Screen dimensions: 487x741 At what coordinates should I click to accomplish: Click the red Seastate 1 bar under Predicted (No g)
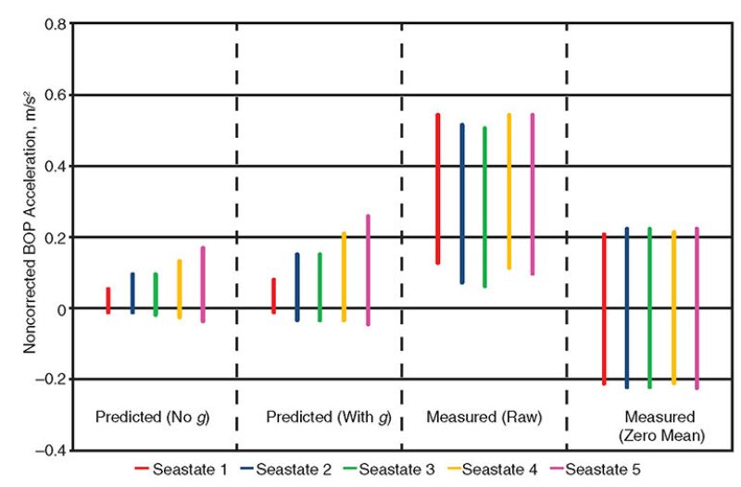pyautogui.click(x=108, y=301)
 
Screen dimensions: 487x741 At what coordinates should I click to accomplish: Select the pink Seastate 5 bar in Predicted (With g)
pyautogui.click(x=368, y=270)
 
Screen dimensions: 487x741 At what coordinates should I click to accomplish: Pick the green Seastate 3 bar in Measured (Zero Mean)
pyautogui.click(x=649, y=307)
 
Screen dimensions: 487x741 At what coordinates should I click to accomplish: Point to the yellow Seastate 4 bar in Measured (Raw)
pyautogui.click(x=509, y=192)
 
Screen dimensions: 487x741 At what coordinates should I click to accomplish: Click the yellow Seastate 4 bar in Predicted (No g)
pyautogui.click(x=180, y=290)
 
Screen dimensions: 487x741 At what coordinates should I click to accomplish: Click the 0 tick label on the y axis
pyautogui.click(x=61, y=308)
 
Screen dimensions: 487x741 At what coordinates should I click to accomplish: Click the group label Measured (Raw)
pyautogui.click(x=484, y=417)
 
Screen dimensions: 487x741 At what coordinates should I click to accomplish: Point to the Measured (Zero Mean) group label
pyautogui.click(x=660, y=425)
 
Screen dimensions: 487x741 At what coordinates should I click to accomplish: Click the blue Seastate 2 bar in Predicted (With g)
pyautogui.click(x=297, y=287)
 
